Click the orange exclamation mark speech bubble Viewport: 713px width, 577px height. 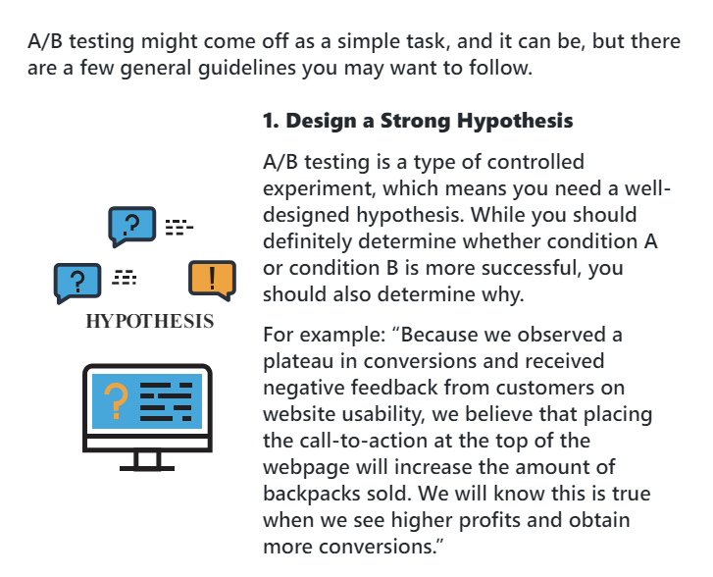[x=212, y=280]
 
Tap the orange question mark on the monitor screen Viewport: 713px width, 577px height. [x=116, y=400]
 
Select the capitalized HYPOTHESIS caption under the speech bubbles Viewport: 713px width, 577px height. [x=150, y=321]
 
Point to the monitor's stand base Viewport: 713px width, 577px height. [x=147, y=468]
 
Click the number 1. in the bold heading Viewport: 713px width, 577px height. [x=271, y=121]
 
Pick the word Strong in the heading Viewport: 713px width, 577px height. [x=416, y=121]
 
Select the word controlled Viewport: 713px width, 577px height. [x=532, y=162]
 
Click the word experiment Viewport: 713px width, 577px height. [x=319, y=188]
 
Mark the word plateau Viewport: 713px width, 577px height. [x=298, y=361]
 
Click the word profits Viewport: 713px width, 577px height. [x=487, y=520]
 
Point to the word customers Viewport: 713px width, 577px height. [x=544, y=388]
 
